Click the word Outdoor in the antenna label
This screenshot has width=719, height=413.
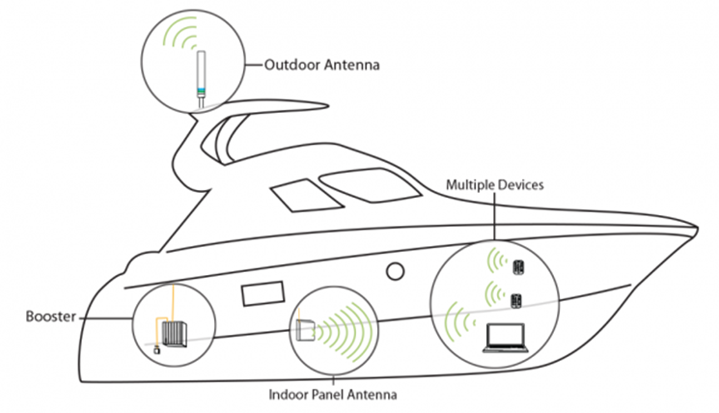290,67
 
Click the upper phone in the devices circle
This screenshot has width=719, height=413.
518,264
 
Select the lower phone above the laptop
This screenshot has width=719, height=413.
517,299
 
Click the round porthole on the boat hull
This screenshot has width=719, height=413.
395,272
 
